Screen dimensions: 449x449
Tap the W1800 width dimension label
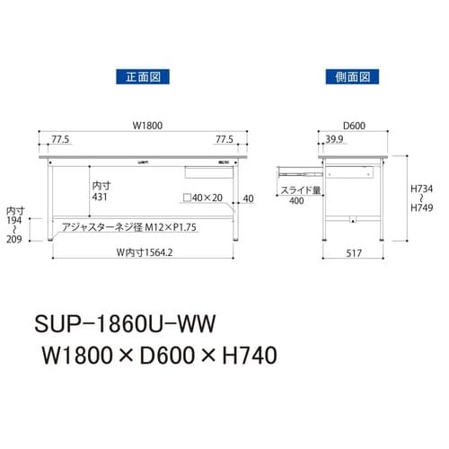pyautogui.click(x=136, y=126)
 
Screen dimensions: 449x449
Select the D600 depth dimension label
pyautogui.click(x=352, y=127)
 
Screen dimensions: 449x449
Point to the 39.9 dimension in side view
pyautogui.click(x=333, y=141)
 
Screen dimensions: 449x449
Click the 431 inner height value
pyautogui.click(x=101, y=197)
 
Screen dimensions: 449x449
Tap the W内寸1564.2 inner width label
pyautogui.click(x=137, y=252)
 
